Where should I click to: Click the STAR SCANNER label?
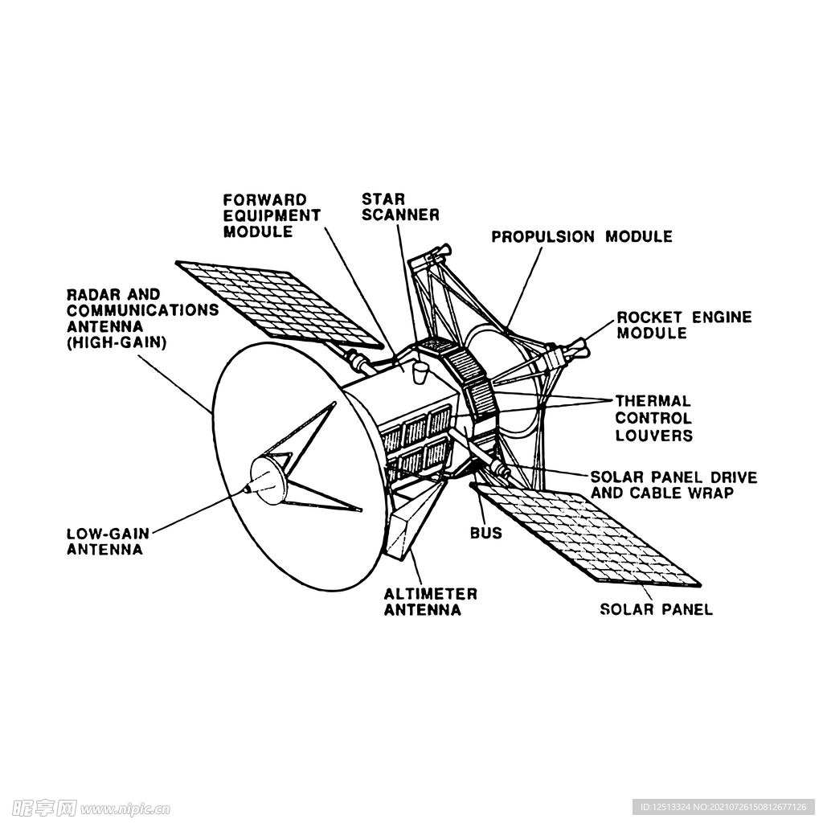pos(400,207)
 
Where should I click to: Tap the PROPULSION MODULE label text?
pos(582,237)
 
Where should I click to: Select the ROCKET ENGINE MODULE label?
pos(684,325)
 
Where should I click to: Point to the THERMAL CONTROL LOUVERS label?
pos(654,418)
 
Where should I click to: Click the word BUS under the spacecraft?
pos(486,533)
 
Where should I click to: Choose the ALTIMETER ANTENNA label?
pos(431,602)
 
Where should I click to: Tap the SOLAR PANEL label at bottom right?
pos(656,609)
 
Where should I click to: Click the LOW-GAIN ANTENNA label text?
pos(109,542)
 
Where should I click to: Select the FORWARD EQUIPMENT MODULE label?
pos(272,215)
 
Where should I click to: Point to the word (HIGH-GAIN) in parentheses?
pos(117,342)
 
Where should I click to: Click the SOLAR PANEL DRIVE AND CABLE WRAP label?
pos(674,485)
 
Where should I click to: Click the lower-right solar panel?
pos(585,533)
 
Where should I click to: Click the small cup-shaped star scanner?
pos(420,371)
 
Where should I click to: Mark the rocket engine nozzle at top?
pos(440,252)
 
